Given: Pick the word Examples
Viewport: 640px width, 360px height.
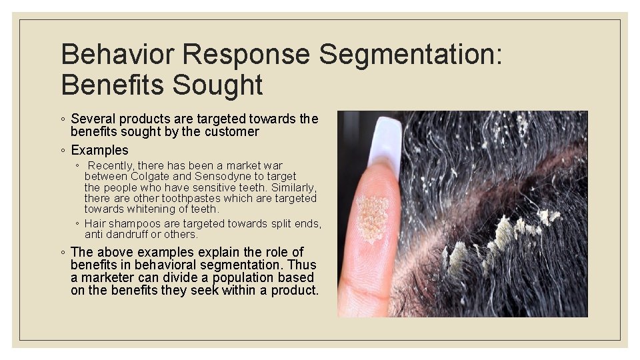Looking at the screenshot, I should (x=99, y=150).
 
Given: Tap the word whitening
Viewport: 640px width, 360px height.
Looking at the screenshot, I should (x=150, y=209).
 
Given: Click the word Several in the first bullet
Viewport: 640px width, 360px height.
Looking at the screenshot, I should (x=93, y=119).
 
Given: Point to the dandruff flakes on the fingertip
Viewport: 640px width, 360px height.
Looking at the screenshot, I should (x=372, y=217).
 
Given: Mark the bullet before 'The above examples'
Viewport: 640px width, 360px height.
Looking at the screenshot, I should (x=62, y=253).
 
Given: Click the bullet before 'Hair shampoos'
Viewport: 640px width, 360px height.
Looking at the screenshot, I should (x=78, y=224).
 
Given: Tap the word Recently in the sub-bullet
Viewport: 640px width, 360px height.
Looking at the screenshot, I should (x=110, y=165).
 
